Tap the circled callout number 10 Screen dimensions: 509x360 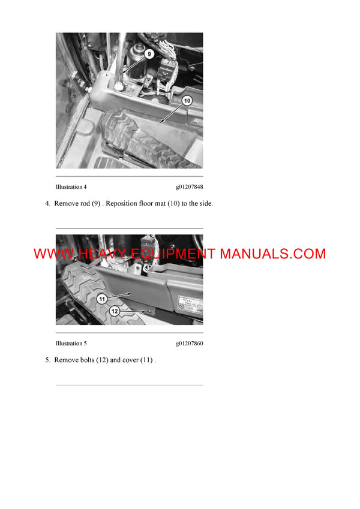click(187, 101)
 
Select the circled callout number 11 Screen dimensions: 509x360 click(102, 299)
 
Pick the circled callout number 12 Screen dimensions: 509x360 click(115, 311)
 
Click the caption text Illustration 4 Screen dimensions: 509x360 click(71, 187)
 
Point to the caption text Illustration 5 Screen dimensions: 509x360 click(71, 344)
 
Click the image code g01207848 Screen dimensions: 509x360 click(189, 187)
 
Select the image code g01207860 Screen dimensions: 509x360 click(189, 344)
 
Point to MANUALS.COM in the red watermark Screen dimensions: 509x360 click(272, 254)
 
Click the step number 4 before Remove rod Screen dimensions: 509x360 click(47, 203)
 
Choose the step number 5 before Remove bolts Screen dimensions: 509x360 click(47, 360)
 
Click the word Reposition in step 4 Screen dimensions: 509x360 click(122, 203)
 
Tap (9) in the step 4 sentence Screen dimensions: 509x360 click(95, 203)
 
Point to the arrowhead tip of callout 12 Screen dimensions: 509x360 click(148, 312)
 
